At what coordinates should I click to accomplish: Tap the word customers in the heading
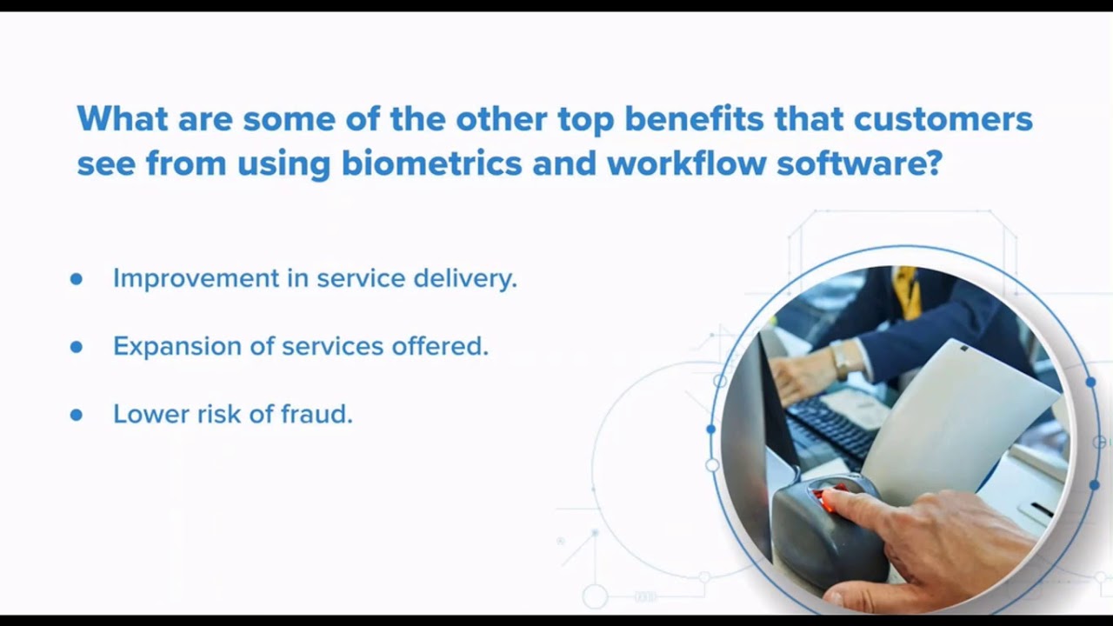point(943,118)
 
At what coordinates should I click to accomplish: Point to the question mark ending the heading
point(935,163)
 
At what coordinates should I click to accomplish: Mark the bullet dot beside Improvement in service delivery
point(77,279)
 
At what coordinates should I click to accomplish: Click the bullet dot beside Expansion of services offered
point(77,347)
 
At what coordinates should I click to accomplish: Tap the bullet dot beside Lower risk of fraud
point(77,415)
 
